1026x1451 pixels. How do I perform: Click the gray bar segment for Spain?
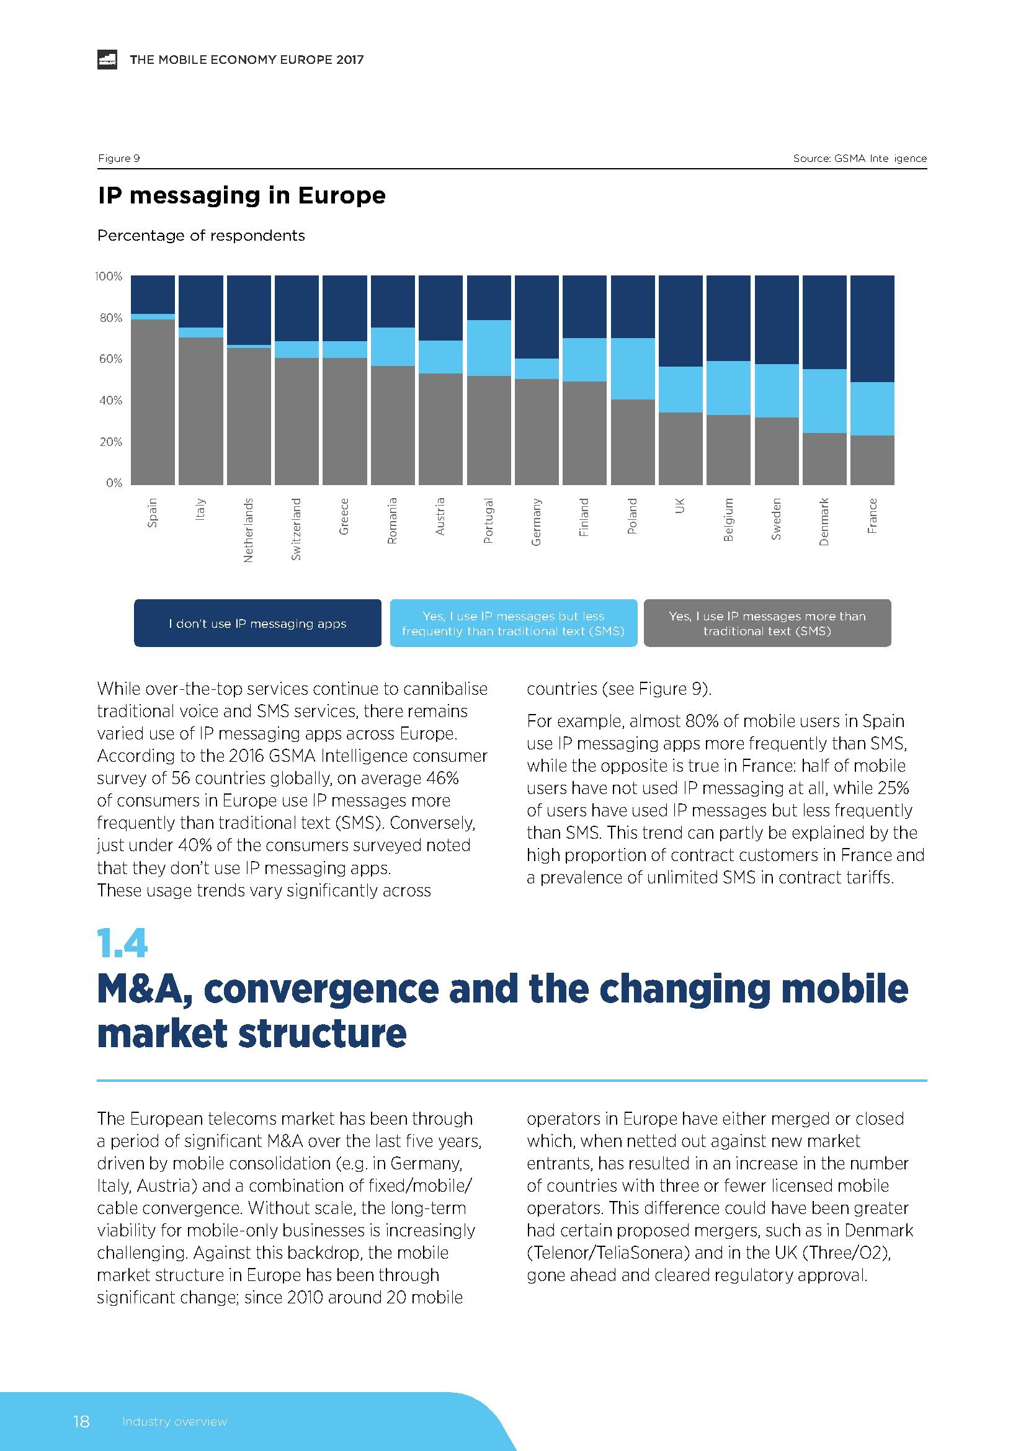[x=152, y=402]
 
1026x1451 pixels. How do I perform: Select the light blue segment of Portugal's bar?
[x=488, y=347]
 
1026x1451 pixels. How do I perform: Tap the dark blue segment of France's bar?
[x=872, y=329]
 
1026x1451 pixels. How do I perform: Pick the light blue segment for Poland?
[x=632, y=368]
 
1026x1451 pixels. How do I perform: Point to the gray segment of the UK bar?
[x=680, y=449]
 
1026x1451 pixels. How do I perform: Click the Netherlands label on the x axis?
[x=248, y=530]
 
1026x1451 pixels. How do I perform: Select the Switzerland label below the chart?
[x=297, y=529]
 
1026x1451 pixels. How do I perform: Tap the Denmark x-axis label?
[x=824, y=521]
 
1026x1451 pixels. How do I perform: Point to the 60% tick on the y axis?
[x=110, y=359]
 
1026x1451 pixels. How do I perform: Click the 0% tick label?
[x=114, y=483]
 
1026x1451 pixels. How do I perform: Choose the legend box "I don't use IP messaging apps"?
[x=258, y=623]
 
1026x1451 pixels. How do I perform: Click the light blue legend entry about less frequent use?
[x=513, y=623]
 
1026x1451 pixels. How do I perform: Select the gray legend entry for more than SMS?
[x=767, y=623]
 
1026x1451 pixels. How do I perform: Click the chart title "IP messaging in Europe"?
[x=241, y=195]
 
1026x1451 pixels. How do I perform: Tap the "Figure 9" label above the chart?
[x=118, y=158]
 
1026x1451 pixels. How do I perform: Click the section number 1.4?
[x=122, y=943]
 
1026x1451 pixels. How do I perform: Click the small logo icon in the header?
[x=107, y=60]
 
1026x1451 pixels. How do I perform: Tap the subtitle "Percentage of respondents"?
[x=201, y=236]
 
